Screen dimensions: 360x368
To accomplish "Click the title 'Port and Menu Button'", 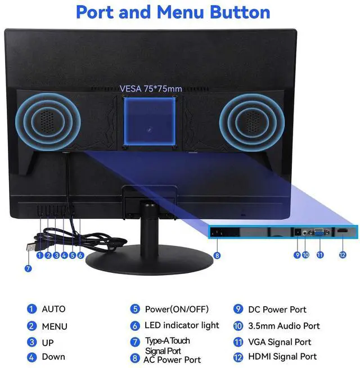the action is point(173,12).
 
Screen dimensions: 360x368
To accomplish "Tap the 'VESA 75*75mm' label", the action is point(150,88).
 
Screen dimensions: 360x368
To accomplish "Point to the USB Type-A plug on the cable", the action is point(33,246).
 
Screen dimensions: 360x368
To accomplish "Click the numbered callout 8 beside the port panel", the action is point(218,255).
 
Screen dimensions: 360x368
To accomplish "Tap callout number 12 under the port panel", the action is point(342,255).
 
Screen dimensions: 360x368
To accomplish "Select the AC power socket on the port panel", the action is point(218,232).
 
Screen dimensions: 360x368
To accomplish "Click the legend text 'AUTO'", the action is point(53,309).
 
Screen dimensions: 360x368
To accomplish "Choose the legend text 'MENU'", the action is point(55,326).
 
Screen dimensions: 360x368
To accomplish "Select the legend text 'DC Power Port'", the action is point(278,309).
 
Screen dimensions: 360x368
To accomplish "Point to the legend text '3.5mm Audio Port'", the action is point(284,326).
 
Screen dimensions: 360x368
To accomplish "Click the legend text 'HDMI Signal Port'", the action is point(283,356).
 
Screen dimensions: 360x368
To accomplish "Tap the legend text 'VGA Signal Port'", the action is point(280,342).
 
